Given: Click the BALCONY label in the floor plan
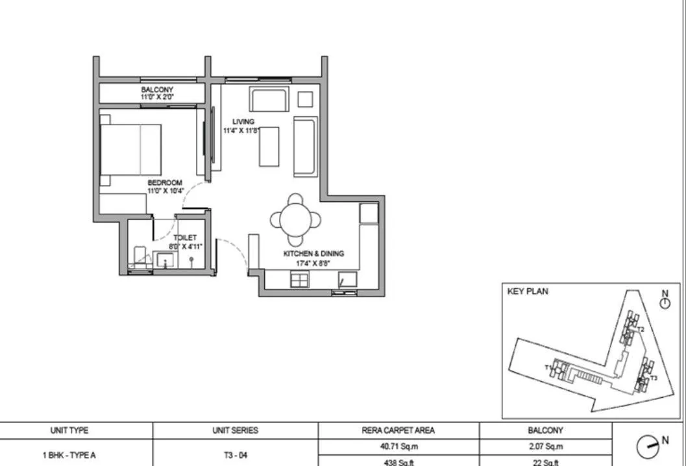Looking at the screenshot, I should click(157, 90).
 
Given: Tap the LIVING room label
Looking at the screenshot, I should click(244, 121).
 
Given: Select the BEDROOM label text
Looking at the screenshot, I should click(165, 183).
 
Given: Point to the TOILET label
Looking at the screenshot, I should click(184, 238).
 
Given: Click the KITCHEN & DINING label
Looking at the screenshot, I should click(313, 254).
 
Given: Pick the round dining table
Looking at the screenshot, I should click(295, 219).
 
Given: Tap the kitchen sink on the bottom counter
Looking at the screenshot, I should click(299, 280).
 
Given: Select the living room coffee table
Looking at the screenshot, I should click(269, 147).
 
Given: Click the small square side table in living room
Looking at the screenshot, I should click(305, 99).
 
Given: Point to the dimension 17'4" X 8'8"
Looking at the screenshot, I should click(313, 263).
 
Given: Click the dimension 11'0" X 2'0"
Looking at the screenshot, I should click(157, 97).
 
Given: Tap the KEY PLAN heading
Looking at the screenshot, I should click(527, 292).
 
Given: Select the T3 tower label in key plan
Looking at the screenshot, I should click(654, 378).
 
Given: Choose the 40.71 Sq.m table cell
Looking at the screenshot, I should click(398, 447).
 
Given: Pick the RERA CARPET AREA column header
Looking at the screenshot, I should click(398, 430).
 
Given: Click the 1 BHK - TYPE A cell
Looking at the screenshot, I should click(69, 455).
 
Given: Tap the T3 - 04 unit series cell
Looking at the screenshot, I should click(235, 455).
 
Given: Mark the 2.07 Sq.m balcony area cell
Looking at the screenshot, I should click(545, 447).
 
